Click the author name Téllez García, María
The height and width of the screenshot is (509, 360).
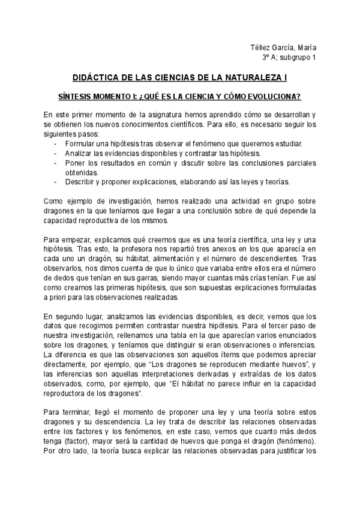point(284,48)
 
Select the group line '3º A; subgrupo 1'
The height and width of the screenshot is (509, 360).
point(289,58)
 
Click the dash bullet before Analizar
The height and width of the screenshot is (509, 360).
point(56,153)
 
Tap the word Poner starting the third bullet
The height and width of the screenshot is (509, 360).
point(74,163)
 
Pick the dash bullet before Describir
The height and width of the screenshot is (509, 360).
point(56,182)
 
